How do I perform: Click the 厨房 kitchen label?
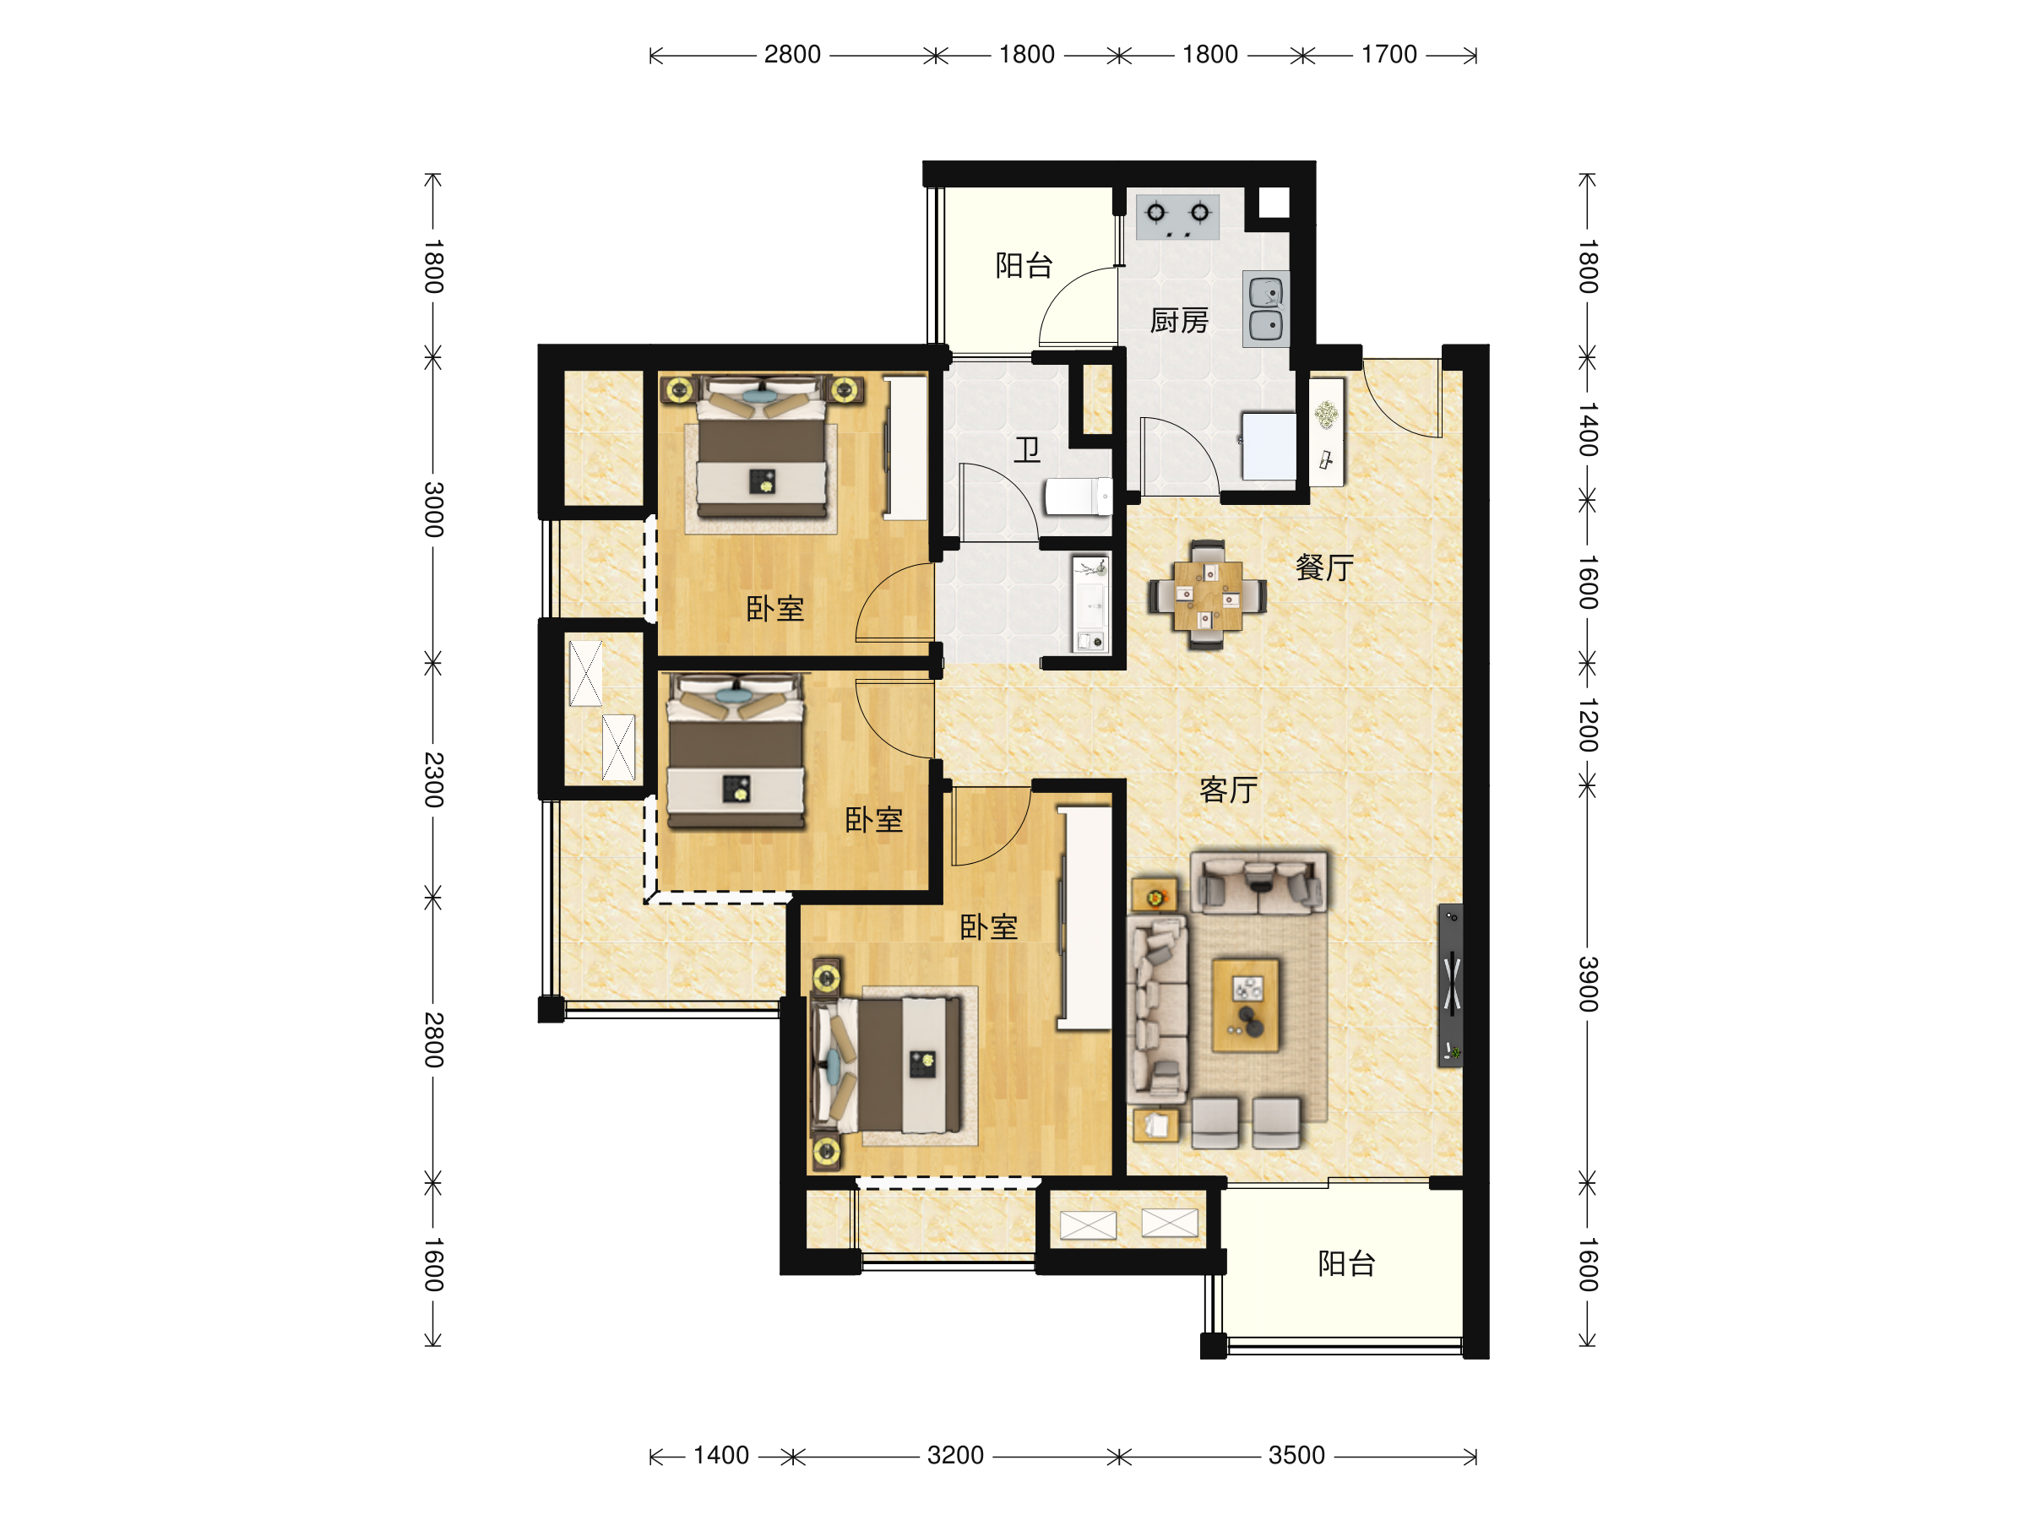[1178, 321]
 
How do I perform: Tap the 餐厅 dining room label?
[1324, 568]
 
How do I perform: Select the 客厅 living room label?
[1228, 790]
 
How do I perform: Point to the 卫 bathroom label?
[1027, 450]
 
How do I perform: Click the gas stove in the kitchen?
[1177, 217]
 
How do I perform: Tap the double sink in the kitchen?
[1266, 309]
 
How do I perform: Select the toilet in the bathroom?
[1079, 497]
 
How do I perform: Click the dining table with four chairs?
[1208, 595]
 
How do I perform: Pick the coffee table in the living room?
[1246, 1005]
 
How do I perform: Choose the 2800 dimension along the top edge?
[793, 55]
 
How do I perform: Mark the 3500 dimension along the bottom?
[1296, 1455]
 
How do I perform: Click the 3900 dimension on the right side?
[1588, 984]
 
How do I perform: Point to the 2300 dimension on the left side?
[433, 779]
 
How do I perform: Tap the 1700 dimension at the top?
[1389, 55]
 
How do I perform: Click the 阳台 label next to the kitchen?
[1024, 266]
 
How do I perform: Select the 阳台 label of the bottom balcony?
[1347, 1264]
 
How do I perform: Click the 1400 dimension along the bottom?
[721, 1455]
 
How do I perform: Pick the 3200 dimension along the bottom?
[956, 1455]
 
